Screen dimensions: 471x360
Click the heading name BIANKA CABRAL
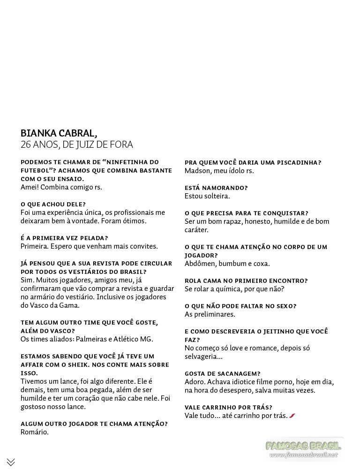coord(59,133)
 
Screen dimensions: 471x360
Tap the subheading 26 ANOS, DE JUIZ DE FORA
coord(77,144)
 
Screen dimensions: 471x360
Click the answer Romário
coord(35,432)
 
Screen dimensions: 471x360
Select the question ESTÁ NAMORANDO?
coord(216,188)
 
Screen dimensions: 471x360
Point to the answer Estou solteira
coord(207,196)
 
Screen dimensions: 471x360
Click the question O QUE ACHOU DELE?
coord(53,204)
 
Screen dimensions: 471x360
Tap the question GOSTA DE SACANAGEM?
coord(223,373)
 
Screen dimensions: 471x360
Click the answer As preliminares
coord(210,314)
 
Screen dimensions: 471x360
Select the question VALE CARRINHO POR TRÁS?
coord(229,407)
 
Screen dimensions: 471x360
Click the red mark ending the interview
coord(292,416)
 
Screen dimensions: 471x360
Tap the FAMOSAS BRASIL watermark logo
coord(303,446)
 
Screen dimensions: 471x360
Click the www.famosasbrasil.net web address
coord(303,455)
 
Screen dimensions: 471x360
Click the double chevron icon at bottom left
coord(11,462)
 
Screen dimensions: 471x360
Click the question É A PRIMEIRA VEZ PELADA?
coord(64,238)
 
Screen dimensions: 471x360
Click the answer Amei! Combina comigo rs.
coord(61,187)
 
